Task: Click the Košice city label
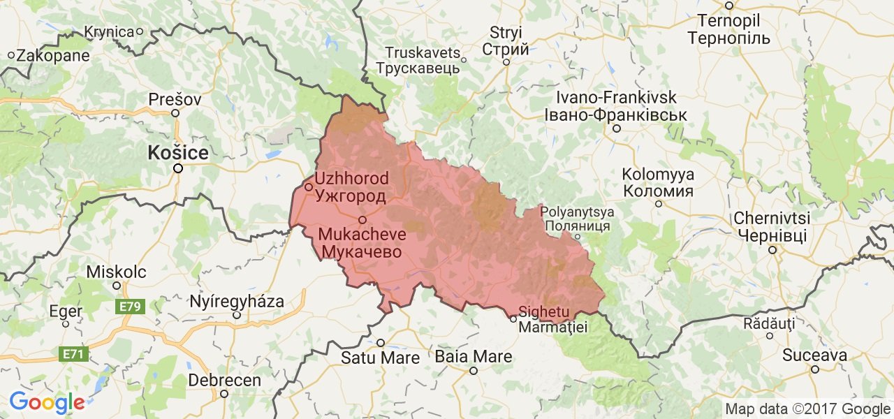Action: pyautogui.click(x=177, y=152)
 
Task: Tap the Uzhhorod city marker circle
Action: pyautogui.click(x=308, y=187)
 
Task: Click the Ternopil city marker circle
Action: pyautogui.click(x=728, y=6)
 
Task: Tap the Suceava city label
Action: pyautogui.click(x=814, y=355)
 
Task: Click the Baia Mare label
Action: pyautogui.click(x=473, y=357)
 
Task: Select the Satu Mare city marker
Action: pyautogui.click(x=381, y=342)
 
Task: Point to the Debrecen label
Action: pyautogui.click(x=224, y=381)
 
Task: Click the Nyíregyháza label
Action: pyautogui.click(x=237, y=302)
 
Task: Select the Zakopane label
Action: pyautogui.click(x=53, y=55)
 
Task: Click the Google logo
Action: pyautogui.click(x=47, y=402)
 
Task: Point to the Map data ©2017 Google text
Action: pyautogui.click(x=807, y=409)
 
